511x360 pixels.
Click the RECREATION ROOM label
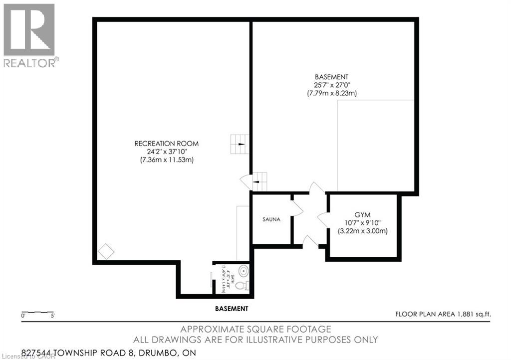[x=166, y=144]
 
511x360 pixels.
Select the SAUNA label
[x=271, y=219]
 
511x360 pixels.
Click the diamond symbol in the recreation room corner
[x=106, y=251]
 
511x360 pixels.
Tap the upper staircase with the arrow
[x=239, y=144]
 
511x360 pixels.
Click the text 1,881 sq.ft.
[x=473, y=314]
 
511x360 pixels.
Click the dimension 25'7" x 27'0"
[x=331, y=85]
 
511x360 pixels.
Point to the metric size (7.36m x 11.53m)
[x=166, y=160]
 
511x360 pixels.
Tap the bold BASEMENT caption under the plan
[x=231, y=309]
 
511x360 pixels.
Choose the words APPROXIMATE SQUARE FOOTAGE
[x=255, y=329]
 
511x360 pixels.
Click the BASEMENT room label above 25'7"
[x=331, y=77]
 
